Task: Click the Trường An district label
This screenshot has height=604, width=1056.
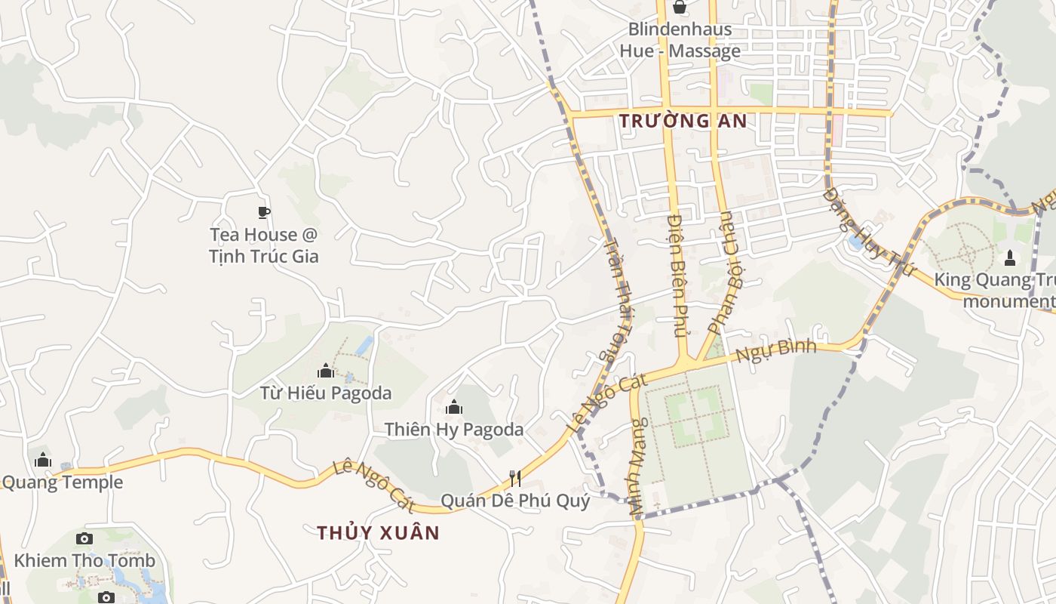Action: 683,121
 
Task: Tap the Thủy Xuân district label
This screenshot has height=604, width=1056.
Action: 378,532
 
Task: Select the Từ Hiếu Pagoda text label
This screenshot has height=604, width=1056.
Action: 326,393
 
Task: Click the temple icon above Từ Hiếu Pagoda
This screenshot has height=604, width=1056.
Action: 326,371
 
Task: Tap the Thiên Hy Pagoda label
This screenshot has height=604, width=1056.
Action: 454,430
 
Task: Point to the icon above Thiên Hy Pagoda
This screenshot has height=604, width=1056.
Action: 454,408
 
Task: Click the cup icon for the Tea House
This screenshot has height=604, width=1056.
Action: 263,212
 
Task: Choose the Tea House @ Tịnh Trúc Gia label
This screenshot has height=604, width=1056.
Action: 264,245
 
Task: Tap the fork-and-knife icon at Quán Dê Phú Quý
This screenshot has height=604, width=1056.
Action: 515,478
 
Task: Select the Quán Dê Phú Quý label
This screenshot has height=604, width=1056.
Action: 515,501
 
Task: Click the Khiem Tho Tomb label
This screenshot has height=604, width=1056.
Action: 84,560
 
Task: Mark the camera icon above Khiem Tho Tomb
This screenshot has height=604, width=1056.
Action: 84,538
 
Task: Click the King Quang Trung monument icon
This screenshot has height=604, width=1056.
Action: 1010,259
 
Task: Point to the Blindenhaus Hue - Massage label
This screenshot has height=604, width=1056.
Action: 680,41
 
